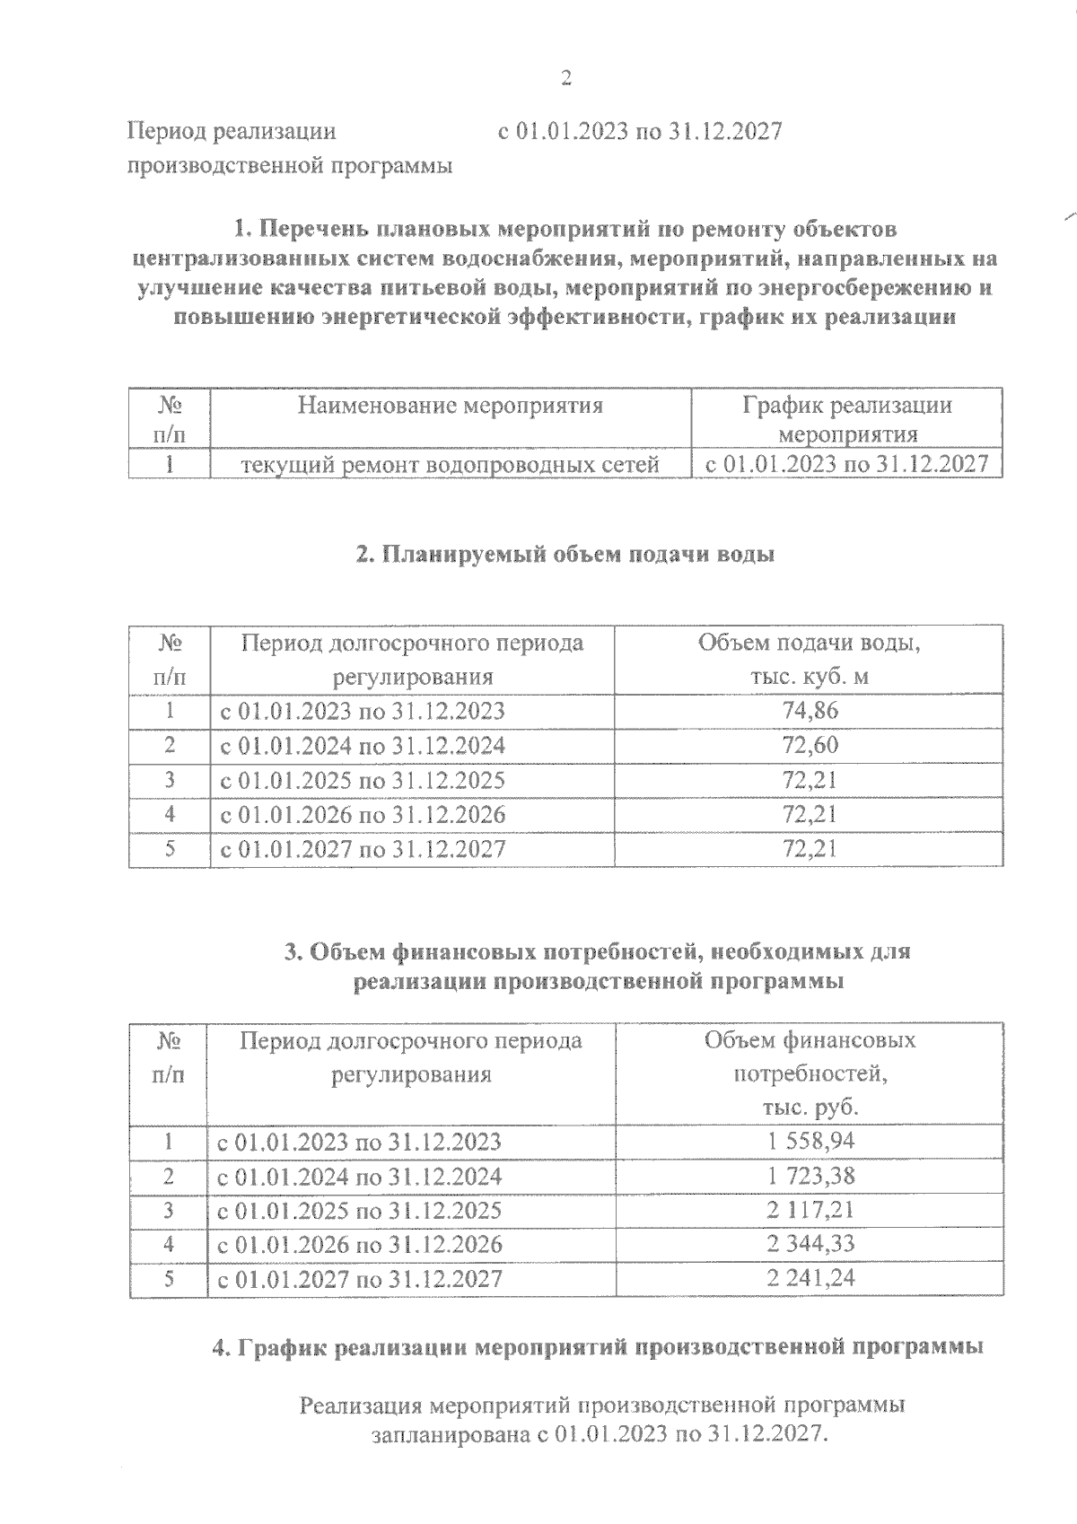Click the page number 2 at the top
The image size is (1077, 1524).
point(565,79)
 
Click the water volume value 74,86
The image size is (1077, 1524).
point(810,712)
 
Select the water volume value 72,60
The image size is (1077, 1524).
point(810,746)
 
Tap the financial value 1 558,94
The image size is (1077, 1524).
point(810,1142)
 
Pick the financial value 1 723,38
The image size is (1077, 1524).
point(810,1176)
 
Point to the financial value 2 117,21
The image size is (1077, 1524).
point(810,1210)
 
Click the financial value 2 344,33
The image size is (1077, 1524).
point(810,1244)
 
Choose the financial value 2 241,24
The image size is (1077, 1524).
point(810,1278)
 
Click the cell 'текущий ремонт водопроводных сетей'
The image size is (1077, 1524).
point(451,465)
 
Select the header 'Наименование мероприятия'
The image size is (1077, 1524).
point(451,406)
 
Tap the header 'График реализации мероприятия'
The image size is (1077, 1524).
point(847,420)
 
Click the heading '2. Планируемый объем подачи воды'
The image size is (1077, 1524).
point(565,555)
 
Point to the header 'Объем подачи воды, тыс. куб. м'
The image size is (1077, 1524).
point(810,660)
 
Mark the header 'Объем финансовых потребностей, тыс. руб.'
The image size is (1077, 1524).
point(810,1073)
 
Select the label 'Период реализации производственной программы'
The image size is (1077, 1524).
point(289,149)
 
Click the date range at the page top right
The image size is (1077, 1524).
point(640,132)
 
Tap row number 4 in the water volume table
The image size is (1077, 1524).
point(170,814)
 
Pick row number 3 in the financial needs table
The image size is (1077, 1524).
point(170,1210)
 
